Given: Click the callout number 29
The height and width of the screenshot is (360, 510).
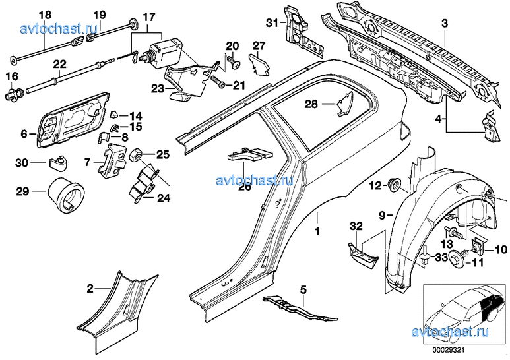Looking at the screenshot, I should point(22,192).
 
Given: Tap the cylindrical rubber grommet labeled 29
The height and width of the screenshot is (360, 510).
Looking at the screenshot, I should point(64,195).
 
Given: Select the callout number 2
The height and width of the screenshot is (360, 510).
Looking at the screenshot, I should point(90,288).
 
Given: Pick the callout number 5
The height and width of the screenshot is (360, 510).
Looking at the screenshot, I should point(304,289).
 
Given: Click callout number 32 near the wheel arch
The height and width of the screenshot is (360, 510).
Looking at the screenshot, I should point(356,225).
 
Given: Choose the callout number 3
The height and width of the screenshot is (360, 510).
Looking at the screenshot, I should point(445,24).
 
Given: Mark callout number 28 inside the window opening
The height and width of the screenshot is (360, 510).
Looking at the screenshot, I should point(311,104).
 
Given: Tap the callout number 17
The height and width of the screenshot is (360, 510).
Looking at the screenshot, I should point(149,15).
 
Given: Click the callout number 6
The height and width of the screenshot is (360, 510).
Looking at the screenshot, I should point(24,134).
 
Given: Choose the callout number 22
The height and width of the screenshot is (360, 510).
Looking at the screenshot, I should point(60,65).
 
